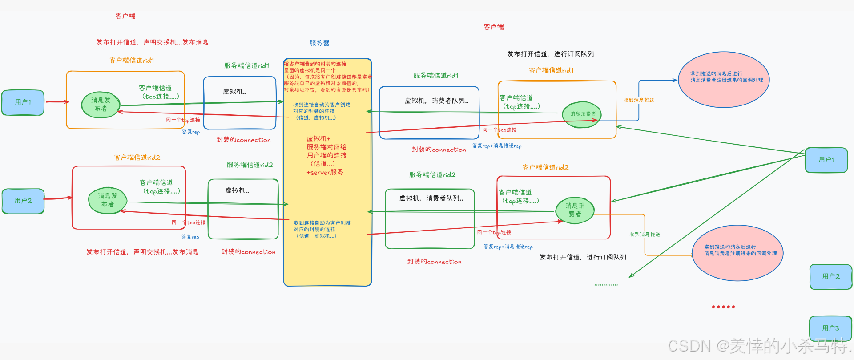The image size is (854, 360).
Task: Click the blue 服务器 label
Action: pyautogui.click(x=319, y=43)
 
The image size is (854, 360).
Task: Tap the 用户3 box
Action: pyautogui.click(x=830, y=328)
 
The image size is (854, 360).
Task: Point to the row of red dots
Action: pyautogui.click(x=723, y=307)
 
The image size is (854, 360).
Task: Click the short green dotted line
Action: pyautogui.click(x=606, y=285)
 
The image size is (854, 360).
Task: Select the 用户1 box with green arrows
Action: pyautogui.click(x=826, y=160)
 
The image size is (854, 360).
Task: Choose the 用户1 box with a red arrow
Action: pyautogui.click(x=23, y=102)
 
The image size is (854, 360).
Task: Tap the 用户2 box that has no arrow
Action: pyautogui.click(x=830, y=276)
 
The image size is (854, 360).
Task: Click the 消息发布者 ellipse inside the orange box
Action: pyautogui.click(x=101, y=105)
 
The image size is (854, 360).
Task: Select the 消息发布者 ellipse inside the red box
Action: pyautogui.click(x=108, y=200)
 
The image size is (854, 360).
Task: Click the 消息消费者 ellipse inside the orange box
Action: pyautogui.click(x=583, y=114)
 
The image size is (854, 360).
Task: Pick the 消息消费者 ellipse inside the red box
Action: pyautogui.click(x=575, y=210)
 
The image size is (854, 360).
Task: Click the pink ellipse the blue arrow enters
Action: pyautogui.click(x=724, y=80)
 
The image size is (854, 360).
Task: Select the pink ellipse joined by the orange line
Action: pyautogui.click(x=737, y=252)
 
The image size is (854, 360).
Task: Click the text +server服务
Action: pyautogui.click(x=325, y=172)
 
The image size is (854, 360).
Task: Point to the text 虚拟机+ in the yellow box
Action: pyautogui.click(x=318, y=138)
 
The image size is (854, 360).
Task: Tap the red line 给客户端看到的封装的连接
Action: pyautogui.click(x=315, y=64)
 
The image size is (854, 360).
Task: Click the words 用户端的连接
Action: pyautogui.click(x=326, y=155)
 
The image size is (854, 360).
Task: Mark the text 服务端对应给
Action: pyautogui.click(x=326, y=147)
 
